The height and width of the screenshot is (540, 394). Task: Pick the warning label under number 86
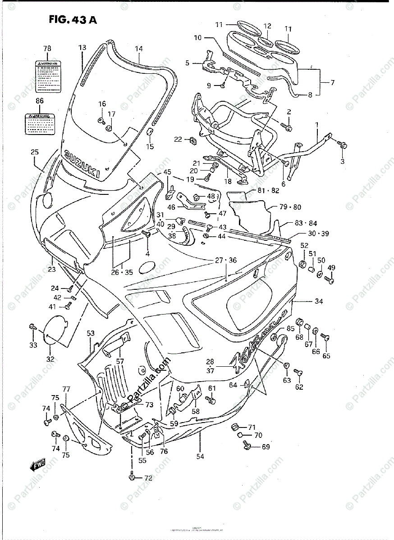pyautogui.click(x=39, y=124)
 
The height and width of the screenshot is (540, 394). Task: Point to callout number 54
pyautogui.click(x=200, y=456)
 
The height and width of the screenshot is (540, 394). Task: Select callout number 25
pyautogui.click(x=34, y=153)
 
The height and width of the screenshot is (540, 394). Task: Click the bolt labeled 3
pyautogui.click(x=344, y=144)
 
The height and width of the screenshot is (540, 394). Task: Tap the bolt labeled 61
pyautogui.click(x=210, y=399)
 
